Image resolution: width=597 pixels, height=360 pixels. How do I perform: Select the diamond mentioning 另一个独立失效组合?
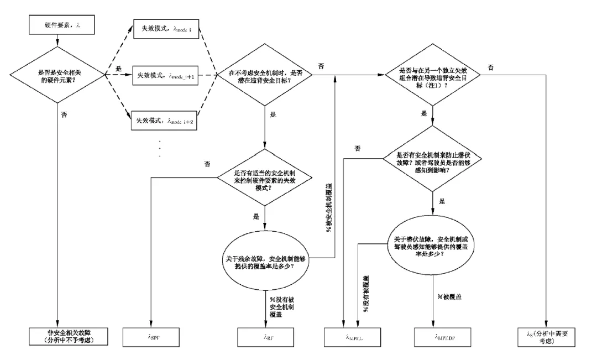coord(432,74)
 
